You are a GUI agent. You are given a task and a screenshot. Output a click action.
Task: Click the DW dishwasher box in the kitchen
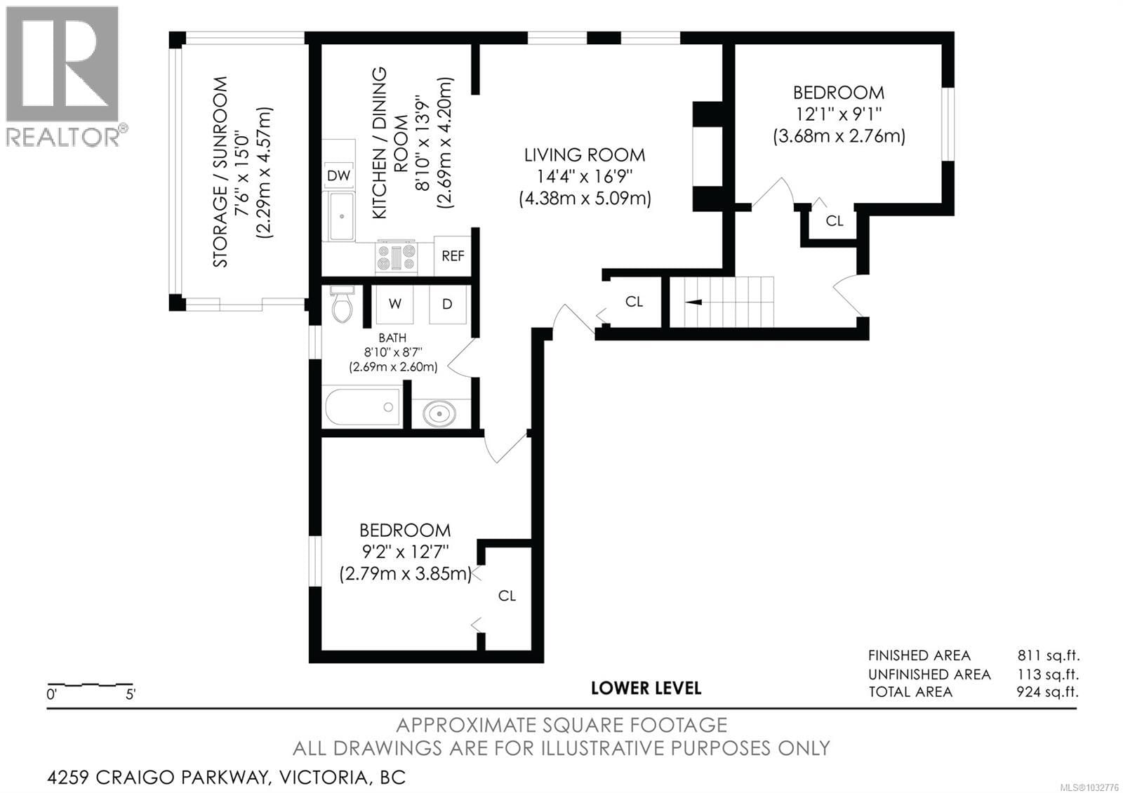339,175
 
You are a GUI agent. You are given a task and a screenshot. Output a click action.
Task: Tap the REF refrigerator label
453,256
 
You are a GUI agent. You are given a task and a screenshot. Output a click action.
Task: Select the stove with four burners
397,256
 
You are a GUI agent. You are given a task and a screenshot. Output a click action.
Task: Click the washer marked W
395,304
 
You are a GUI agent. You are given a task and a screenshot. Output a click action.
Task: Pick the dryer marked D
447,304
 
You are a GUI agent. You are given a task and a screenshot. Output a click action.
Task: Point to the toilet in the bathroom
343,305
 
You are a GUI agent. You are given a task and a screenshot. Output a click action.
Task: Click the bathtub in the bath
362,407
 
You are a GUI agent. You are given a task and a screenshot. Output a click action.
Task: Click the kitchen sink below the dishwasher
342,216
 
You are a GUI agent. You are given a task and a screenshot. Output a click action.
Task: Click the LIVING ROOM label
584,155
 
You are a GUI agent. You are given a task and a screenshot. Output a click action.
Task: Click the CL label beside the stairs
634,302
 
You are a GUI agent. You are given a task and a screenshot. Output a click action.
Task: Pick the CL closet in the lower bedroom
507,596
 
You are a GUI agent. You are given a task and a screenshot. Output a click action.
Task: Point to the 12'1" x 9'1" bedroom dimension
838,114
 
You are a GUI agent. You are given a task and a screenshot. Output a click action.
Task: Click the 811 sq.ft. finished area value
1048,656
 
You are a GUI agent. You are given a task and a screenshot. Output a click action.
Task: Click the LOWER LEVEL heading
646,688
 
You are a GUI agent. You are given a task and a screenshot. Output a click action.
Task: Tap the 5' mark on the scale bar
131,695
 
